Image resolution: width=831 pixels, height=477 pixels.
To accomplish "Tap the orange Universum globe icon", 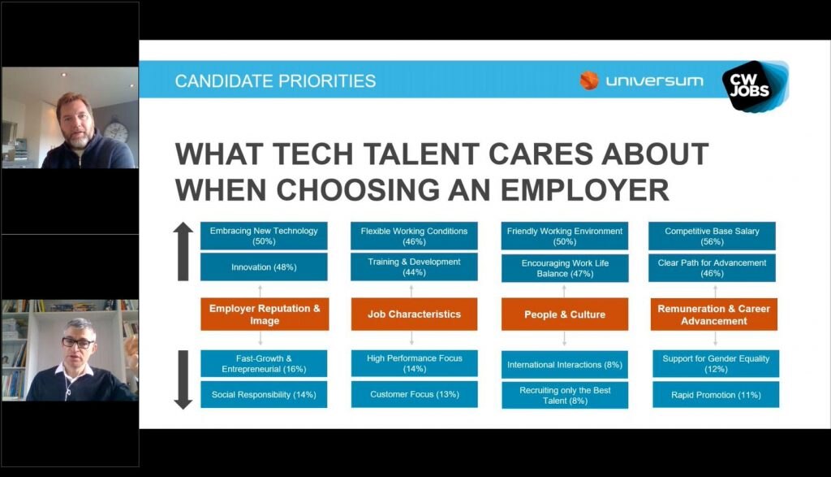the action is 589,80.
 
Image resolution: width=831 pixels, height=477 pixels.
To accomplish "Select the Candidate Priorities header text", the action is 275,81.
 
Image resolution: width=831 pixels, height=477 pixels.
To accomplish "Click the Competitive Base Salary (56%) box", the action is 712,236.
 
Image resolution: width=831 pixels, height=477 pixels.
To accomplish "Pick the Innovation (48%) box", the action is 264,267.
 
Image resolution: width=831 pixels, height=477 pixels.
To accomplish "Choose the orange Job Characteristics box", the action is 414,314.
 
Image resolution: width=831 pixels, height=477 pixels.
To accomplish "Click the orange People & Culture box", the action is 565,314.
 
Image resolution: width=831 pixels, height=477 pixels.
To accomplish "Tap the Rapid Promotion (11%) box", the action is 716,395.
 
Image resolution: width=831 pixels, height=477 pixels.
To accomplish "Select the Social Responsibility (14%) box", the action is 264,394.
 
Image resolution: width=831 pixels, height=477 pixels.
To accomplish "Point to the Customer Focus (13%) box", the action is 414,394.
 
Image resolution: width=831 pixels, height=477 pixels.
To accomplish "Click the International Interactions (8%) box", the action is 565,365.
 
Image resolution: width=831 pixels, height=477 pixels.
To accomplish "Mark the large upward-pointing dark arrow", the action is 183,251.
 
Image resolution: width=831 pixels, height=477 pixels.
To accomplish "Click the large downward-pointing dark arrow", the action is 183,379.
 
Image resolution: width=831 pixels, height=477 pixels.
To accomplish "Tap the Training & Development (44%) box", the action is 414,267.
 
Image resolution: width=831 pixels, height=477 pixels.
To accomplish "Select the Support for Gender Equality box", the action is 716,363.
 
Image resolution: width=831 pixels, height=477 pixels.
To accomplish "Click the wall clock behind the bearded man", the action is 115,131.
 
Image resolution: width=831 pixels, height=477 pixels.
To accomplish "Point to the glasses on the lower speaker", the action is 78,342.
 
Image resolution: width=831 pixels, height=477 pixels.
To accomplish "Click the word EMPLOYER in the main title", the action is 585,190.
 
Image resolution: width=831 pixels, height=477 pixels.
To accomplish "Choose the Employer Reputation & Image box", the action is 265,314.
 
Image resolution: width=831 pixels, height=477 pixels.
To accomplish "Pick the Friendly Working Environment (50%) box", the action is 565,236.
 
